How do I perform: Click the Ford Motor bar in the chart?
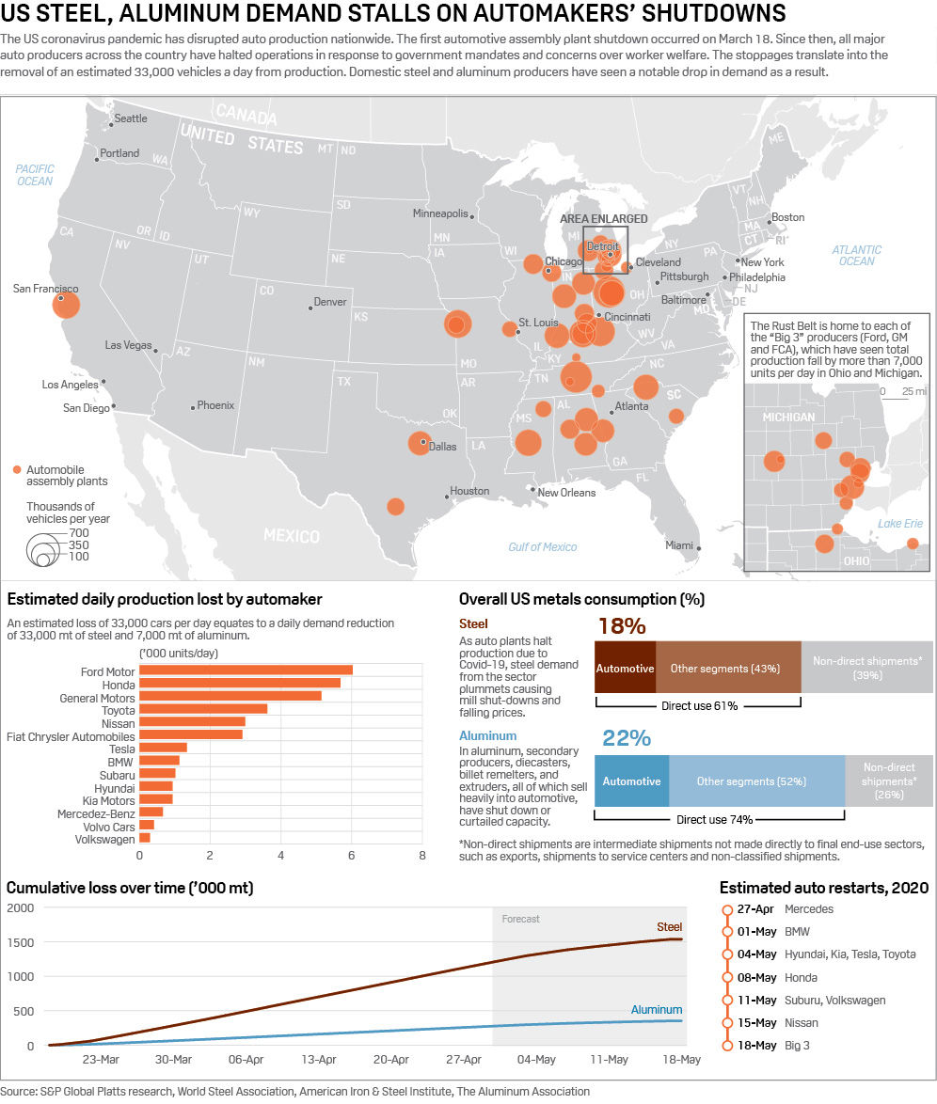tap(246, 670)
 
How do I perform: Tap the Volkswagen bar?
tap(145, 838)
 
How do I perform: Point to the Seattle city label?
tap(130, 119)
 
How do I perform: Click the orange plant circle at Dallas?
tap(420, 443)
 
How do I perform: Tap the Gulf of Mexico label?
tap(542, 546)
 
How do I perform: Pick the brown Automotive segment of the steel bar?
tap(625, 669)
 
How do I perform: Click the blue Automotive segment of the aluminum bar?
tap(631, 781)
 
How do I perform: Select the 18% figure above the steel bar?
tap(621, 626)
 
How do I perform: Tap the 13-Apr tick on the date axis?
tap(319, 1059)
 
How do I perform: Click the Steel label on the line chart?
tap(669, 927)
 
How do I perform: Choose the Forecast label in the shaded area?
tap(520, 919)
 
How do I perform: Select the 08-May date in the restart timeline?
tap(757, 977)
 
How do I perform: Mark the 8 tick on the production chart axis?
tap(421, 856)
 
